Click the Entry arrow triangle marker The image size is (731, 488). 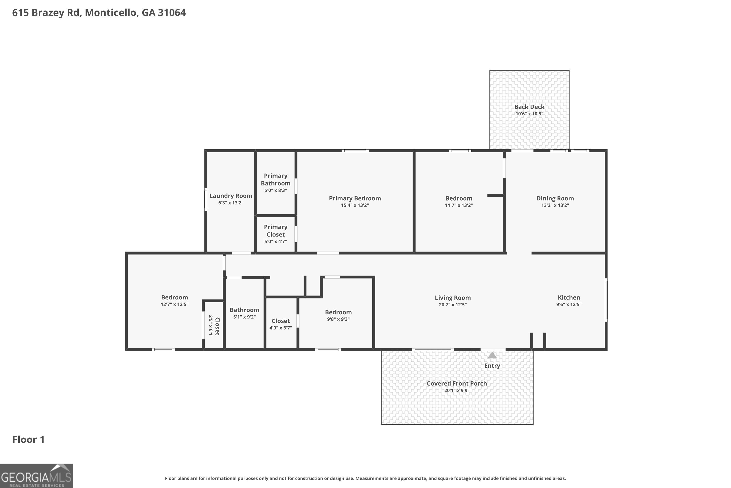(492, 356)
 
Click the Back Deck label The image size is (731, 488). (529, 107)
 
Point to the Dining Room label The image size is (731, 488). (555, 198)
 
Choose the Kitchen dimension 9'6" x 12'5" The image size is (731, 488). (568, 304)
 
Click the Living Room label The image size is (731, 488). (452, 298)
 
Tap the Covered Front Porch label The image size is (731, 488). (457, 383)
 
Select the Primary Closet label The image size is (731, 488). (275, 231)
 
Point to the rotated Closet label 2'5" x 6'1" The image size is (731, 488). (214, 326)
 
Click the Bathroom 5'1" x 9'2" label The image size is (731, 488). (244, 310)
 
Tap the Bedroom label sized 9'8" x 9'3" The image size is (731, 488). (338, 312)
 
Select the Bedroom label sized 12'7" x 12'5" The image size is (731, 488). (174, 297)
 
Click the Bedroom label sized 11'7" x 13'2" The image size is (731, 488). (459, 198)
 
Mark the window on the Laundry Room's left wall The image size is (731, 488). (206, 200)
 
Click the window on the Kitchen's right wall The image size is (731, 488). (606, 300)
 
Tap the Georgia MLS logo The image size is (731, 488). (36, 476)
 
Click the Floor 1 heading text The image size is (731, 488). (28, 439)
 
